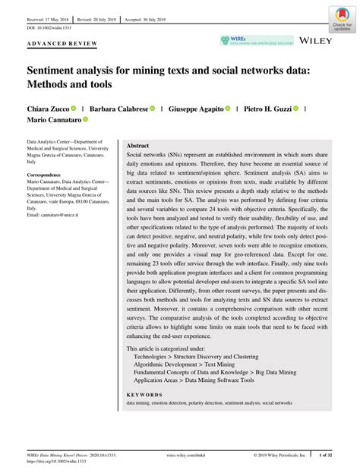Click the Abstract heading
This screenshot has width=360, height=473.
[137, 145]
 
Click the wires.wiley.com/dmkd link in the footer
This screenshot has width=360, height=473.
[185, 456]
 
